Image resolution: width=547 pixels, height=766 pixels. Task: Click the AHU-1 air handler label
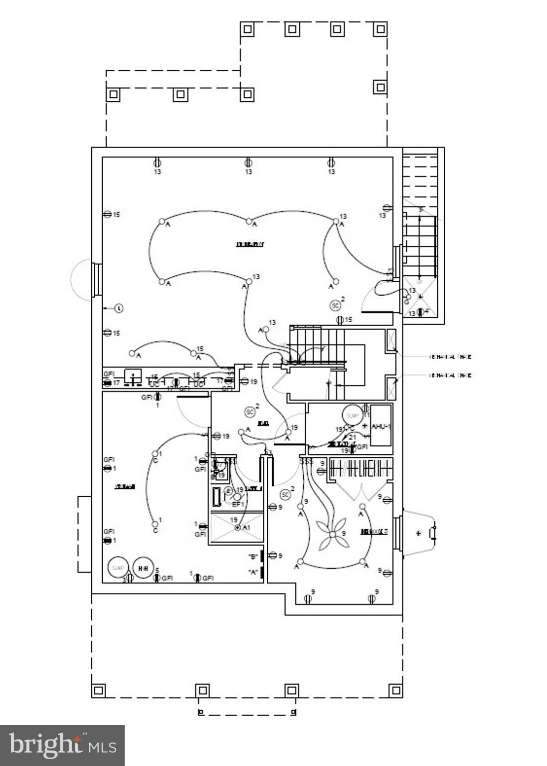pos(381,426)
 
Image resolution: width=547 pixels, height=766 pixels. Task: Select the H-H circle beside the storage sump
pos(143,568)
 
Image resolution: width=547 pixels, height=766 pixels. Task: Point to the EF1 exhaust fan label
pos(238,504)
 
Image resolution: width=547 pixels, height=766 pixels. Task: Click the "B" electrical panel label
pos(253,557)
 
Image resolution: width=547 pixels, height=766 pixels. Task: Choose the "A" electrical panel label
pos(253,573)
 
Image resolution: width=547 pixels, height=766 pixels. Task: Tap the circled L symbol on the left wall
pos(119,308)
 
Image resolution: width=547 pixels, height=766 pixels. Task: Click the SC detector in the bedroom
pos(285,495)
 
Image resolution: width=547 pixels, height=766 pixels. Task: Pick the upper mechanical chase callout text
pos(450,357)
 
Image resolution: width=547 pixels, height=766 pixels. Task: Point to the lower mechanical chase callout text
pos(450,375)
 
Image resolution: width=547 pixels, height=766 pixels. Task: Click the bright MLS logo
pos(62,745)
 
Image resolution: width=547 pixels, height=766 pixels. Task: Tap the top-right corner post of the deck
pos(380,29)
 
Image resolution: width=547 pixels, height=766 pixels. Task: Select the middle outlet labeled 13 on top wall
pos(248,163)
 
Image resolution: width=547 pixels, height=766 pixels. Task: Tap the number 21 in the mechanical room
pos(352,437)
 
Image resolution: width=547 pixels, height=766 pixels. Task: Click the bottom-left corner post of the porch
pos(99,690)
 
